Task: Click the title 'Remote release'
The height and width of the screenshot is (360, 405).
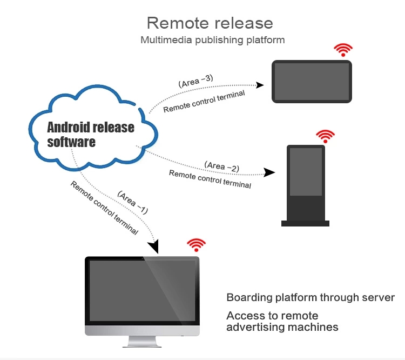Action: pyautogui.click(x=210, y=23)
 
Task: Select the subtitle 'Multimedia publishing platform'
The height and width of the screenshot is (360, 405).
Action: pyautogui.click(x=212, y=40)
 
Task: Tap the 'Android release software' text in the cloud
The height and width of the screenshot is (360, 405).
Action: pyautogui.click(x=90, y=135)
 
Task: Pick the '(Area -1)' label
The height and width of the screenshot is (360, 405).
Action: pyautogui.click(x=132, y=202)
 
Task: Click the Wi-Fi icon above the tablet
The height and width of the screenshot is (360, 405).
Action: pyautogui.click(x=342, y=50)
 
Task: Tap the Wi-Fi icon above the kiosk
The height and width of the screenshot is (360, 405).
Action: pyautogui.click(x=325, y=136)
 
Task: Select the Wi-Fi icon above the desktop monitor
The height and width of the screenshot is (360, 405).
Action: pyautogui.click(x=196, y=244)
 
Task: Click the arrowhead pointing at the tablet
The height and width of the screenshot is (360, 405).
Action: pyautogui.click(x=260, y=85)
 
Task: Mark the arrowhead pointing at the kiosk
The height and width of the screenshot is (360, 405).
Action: pyautogui.click(x=269, y=173)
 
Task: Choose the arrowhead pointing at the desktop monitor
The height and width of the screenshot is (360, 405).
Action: pyautogui.click(x=156, y=248)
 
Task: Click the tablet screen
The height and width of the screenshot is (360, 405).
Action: pyautogui.click(x=312, y=81)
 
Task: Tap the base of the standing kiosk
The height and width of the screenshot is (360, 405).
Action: pyautogui.click(x=305, y=222)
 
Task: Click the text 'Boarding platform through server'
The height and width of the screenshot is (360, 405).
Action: pyautogui.click(x=310, y=298)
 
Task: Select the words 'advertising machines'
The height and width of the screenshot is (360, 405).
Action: pyautogui.click(x=282, y=327)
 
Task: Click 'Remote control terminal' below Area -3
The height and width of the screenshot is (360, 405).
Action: pyautogui.click(x=204, y=102)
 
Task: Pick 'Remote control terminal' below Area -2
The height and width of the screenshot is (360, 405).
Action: pyautogui.click(x=210, y=179)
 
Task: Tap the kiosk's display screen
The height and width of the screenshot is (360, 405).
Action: pyautogui.click(x=305, y=172)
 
